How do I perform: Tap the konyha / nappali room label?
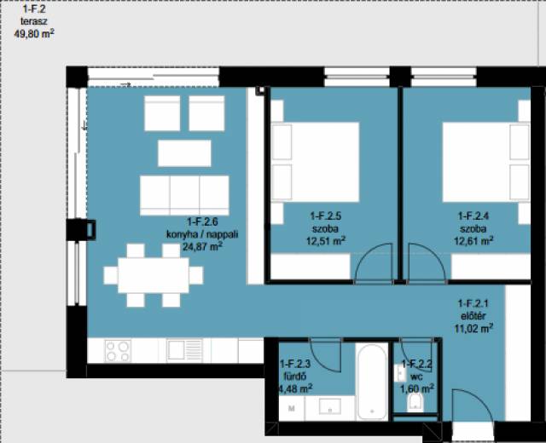202,234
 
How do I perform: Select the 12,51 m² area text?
326,240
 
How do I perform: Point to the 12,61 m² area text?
473,240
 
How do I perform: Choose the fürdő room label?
295,377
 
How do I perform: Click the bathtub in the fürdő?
372,382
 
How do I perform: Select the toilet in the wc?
415,402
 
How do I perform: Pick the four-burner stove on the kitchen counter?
118,351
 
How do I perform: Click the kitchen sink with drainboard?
184,350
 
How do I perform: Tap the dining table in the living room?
154,275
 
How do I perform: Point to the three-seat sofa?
184,195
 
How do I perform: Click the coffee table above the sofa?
184,153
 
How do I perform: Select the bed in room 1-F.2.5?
315,162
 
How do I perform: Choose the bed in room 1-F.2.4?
486,162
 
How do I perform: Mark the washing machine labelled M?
292,408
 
